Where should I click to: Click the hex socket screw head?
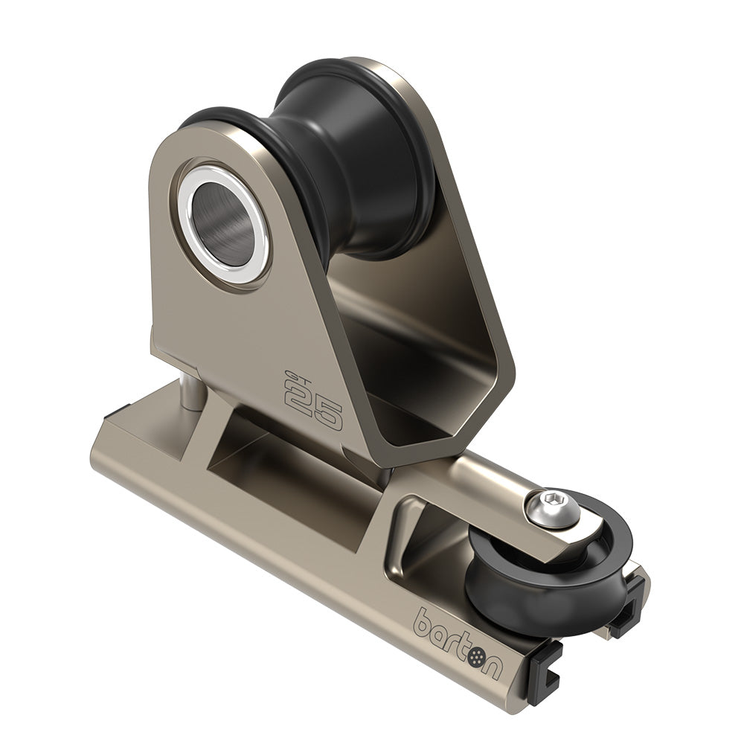pos(543,506)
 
